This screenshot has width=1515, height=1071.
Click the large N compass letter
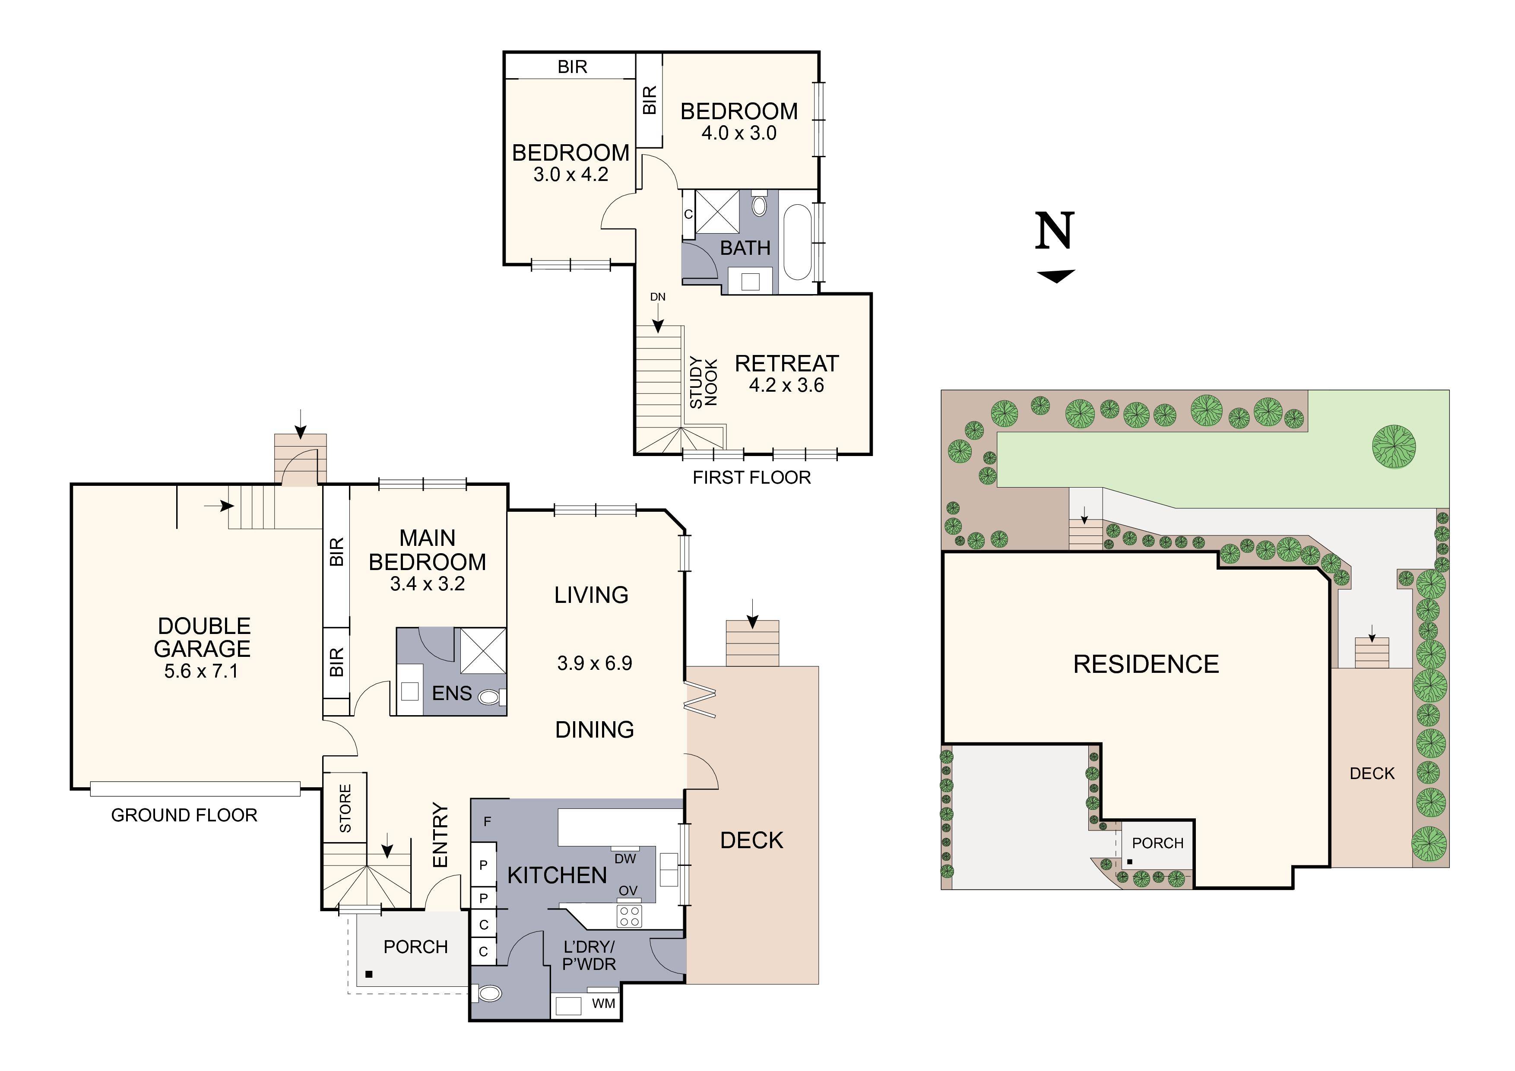click(1055, 231)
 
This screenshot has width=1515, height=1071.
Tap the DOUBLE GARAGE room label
click(203, 637)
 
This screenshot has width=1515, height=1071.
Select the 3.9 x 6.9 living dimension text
click(595, 663)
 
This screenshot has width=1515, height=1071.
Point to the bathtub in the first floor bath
click(798, 242)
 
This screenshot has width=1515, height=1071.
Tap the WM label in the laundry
click(604, 1004)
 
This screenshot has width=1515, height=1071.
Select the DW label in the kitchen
click(625, 859)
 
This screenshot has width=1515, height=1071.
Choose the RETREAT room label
click(786, 363)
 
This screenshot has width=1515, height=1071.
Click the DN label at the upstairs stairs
click(658, 297)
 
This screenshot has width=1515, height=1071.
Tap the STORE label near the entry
click(345, 808)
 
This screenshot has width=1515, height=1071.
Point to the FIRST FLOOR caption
click(751, 477)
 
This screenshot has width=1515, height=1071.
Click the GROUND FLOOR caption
click(184, 815)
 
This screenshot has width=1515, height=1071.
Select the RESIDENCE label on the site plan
click(1146, 664)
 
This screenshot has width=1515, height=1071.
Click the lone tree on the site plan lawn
click(1394, 447)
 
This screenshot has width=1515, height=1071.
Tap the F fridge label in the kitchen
click(488, 821)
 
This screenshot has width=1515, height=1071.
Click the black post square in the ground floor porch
click(369, 974)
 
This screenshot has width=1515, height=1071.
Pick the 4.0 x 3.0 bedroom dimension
click(738, 133)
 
